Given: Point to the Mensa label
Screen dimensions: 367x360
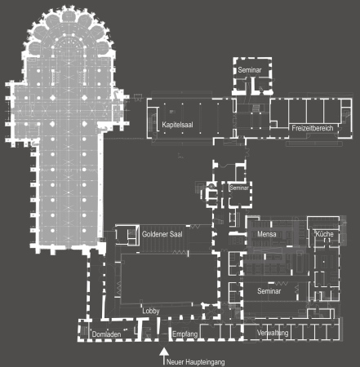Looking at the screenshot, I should point(266,235).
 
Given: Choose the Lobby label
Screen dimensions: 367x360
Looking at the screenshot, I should point(151,311).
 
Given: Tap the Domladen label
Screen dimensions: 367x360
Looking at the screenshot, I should point(107,334).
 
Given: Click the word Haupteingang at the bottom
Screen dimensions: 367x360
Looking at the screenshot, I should point(203,360).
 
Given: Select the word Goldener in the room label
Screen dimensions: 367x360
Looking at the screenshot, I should point(154,234).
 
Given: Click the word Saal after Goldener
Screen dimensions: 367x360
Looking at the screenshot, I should point(175,234).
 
